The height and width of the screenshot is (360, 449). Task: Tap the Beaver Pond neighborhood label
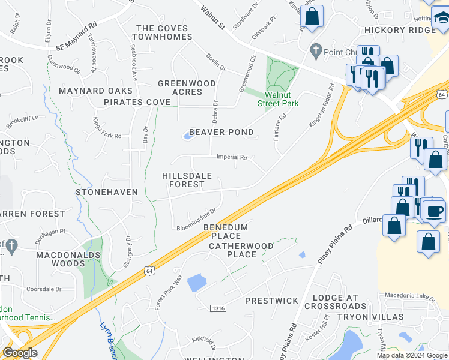click(221, 132)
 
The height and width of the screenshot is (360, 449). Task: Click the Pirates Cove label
click(137, 102)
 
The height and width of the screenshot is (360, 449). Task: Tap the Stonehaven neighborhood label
click(107, 192)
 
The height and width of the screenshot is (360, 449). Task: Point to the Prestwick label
click(271, 300)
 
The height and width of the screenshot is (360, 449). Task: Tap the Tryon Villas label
click(370, 316)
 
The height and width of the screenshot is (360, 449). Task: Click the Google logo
click(20, 353)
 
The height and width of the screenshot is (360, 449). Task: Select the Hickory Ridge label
click(400, 30)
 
